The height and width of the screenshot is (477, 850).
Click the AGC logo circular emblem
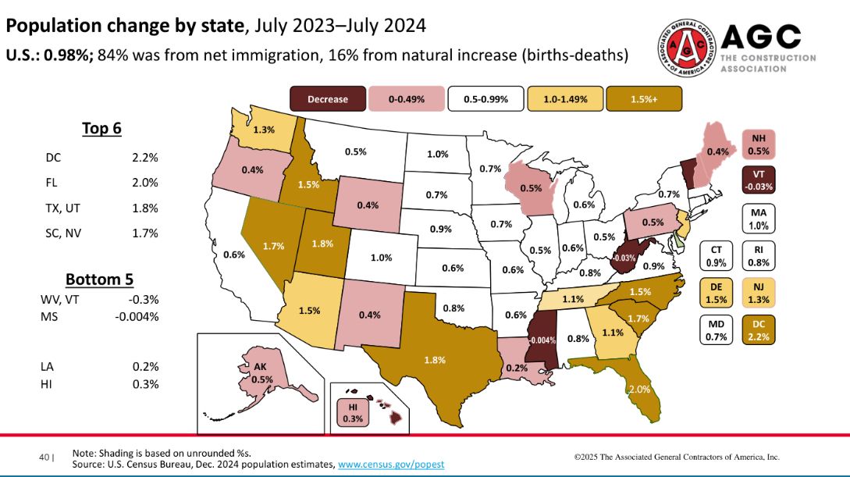(x=686, y=47)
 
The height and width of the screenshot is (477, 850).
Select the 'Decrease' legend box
(x=327, y=99)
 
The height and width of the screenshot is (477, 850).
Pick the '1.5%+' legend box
(x=647, y=99)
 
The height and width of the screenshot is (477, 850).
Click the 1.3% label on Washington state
(x=263, y=130)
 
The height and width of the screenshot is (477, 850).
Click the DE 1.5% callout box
(x=716, y=294)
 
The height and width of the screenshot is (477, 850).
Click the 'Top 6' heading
(x=102, y=129)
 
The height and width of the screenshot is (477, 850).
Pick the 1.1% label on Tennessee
(x=573, y=298)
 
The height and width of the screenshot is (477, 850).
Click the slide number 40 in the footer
(x=44, y=457)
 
